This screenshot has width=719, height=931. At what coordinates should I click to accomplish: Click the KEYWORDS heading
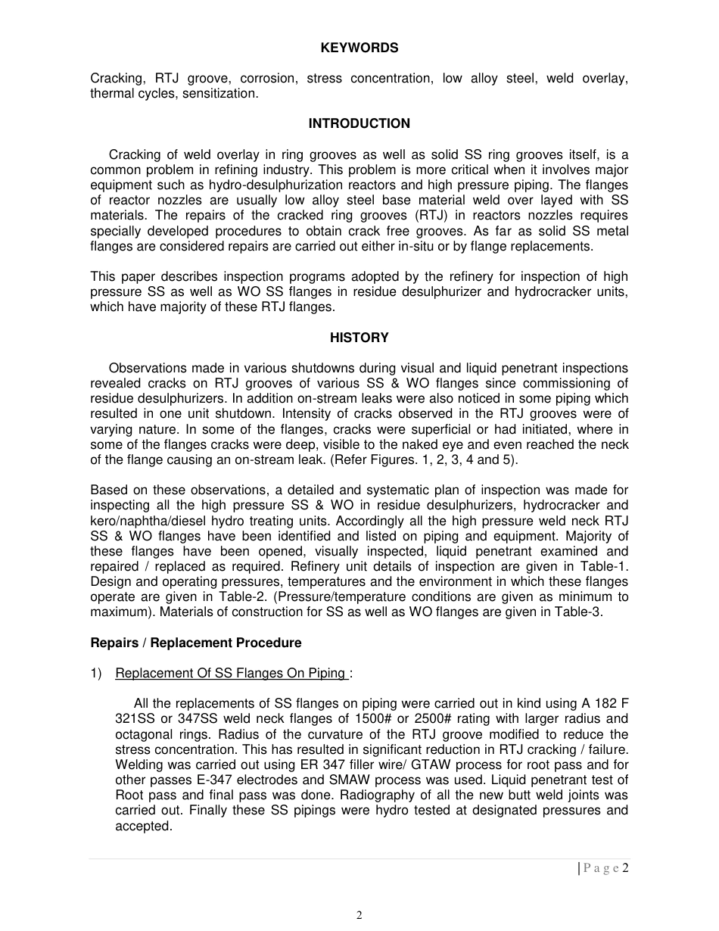[359, 48]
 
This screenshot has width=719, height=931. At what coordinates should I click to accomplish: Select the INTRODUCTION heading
[359, 123]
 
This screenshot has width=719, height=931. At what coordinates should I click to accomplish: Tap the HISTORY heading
[359, 338]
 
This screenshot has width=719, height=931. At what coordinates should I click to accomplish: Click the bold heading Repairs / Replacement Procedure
[195, 643]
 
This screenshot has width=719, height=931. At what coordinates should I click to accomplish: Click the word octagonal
[145, 734]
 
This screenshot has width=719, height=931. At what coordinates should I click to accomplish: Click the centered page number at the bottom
[359, 915]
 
